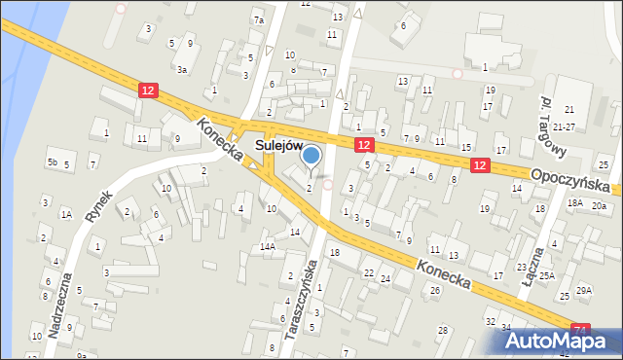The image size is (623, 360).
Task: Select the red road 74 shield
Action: tap(580, 331)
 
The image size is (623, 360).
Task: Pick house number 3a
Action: tap(182, 69)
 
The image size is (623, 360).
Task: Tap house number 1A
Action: tap(66, 214)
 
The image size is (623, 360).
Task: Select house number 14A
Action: tap(267, 247)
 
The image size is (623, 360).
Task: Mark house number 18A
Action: tap(575, 202)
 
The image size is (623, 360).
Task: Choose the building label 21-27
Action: tap(564, 127)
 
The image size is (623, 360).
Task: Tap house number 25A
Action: tap(547, 276)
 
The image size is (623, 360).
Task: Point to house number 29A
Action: tap(584, 290)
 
